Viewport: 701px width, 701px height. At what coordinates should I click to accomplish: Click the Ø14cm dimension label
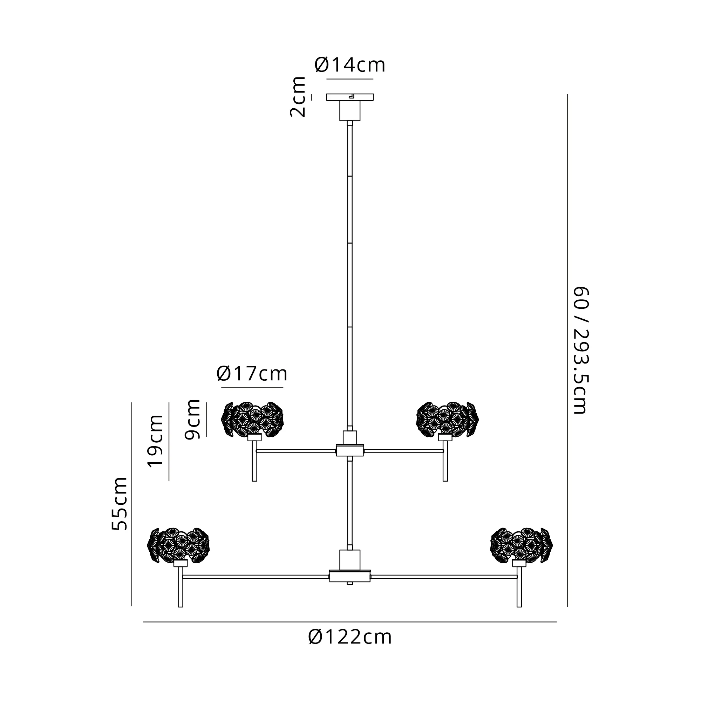pyautogui.click(x=350, y=65)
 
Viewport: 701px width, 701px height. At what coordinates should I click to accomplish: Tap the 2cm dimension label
pyautogui.click(x=298, y=96)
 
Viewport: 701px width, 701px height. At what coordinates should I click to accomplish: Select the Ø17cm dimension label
pyautogui.click(x=252, y=373)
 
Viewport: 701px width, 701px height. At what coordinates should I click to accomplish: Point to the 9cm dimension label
pyautogui.click(x=192, y=419)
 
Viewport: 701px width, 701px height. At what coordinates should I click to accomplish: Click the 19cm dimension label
pyautogui.click(x=156, y=441)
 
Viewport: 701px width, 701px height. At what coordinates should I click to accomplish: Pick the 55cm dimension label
pyautogui.click(x=120, y=504)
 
